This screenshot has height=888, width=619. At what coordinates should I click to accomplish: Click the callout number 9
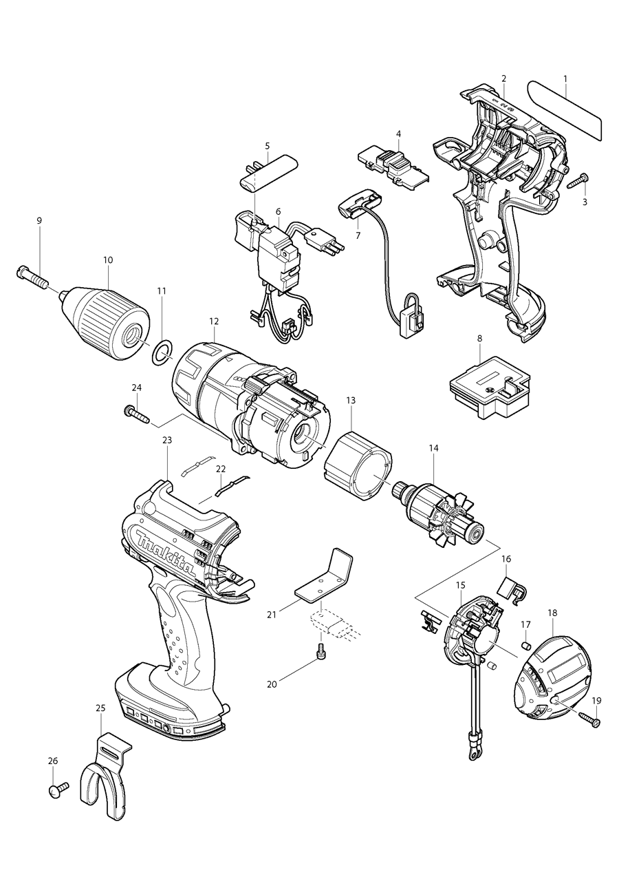click(x=39, y=220)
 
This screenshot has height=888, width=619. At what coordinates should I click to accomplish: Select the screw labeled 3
click(x=577, y=181)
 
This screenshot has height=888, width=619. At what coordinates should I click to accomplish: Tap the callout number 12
click(x=215, y=321)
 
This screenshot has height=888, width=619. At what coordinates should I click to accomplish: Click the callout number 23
click(x=167, y=440)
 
